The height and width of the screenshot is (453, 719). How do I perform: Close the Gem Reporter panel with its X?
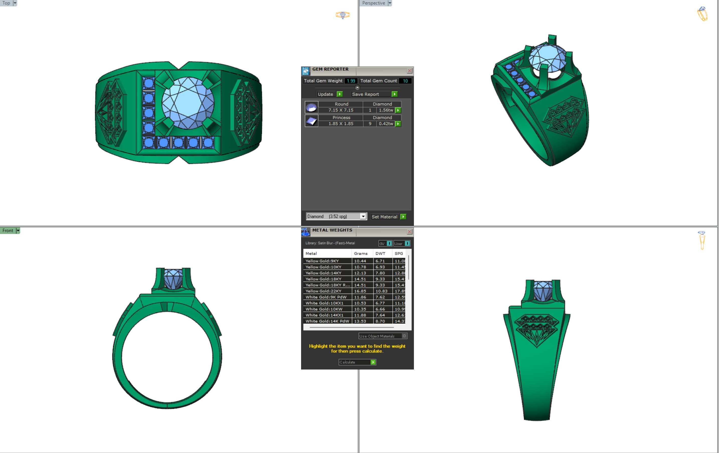pos(409,71)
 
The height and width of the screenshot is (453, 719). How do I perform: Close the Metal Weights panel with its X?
pos(409,232)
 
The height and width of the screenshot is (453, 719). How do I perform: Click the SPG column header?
pos(399,253)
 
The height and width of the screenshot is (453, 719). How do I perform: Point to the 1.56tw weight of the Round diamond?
pos(386,110)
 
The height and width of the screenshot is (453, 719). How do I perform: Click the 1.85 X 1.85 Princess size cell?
pos(341,124)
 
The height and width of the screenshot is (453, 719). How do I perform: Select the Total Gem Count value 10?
pos(405,81)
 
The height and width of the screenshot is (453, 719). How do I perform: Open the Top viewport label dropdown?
pos(15,3)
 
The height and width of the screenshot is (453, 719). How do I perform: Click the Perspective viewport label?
pos(373,3)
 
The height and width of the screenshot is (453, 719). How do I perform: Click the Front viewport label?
pos(8,231)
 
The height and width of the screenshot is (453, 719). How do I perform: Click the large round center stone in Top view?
pos(188,103)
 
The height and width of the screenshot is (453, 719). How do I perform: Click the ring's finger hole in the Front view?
pos(167,357)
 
